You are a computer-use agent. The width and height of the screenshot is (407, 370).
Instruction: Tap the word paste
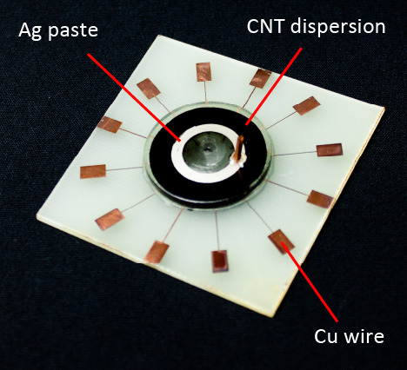click(73, 31)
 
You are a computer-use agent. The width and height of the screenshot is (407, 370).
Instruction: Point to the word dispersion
click(337, 27)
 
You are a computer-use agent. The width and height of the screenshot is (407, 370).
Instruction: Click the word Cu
click(326, 336)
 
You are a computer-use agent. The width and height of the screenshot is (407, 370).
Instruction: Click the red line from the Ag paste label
click(134, 97)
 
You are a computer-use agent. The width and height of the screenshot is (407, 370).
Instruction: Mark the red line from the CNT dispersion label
click(274, 86)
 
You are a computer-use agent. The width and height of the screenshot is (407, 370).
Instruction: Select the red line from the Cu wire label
click(310, 282)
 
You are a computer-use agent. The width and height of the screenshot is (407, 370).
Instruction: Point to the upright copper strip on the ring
click(238, 148)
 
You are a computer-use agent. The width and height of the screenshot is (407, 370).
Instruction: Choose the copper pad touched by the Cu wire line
click(281, 241)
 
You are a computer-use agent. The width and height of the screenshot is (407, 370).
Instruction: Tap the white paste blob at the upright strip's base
click(237, 161)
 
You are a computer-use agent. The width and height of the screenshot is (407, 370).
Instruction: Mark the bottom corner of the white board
click(272, 316)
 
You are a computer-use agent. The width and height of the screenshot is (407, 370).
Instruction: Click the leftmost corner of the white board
click(37, 215)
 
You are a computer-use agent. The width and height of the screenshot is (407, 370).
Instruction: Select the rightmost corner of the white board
click(385, 108)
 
